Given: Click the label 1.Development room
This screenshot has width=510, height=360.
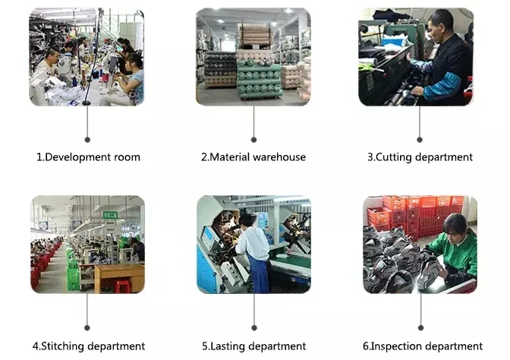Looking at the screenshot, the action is click(x=88, y=157).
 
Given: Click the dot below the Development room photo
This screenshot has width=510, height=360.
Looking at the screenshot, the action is click(x=87, y=139).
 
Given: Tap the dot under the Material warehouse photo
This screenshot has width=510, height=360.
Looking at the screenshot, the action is click(x=253, y=139).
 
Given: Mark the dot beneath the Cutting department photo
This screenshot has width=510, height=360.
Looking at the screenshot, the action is click(x=419, y=139).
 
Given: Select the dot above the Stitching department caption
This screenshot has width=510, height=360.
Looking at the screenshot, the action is click(x=87, y=327).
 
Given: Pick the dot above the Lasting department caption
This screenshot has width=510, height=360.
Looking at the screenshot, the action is click(x=253, y=327).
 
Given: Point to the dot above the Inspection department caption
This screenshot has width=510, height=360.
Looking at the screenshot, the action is click(x=419, y=327).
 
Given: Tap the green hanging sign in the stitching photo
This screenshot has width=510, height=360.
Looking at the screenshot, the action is click(x=111, y=214).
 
